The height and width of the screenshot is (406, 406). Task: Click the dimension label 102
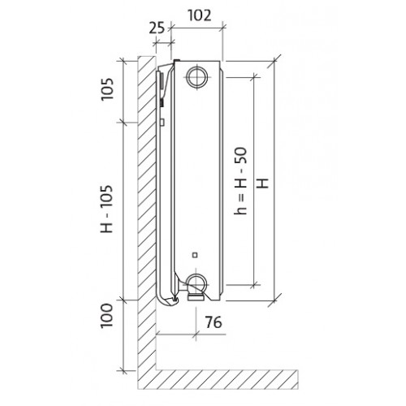[199, 15]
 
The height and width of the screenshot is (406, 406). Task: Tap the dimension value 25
[157, 28]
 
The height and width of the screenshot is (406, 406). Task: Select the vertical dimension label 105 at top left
[106, 89]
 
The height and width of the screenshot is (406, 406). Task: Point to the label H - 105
[106, 209]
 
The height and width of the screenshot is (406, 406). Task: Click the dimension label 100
[106, 316]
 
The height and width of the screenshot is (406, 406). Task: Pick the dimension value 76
[214, 322]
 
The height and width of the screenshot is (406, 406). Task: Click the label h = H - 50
[240, 181]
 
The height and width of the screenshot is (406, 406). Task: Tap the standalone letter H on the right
[263, 184]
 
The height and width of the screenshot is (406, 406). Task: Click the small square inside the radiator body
[195, 255]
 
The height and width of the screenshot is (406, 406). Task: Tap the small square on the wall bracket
[162, 122]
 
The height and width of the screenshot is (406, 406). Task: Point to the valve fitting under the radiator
[197, 297]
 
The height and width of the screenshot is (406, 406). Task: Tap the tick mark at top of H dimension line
[274, 61]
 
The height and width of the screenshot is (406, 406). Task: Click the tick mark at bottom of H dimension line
[274, 300]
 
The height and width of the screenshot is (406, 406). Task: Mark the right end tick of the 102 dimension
[223, 28]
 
